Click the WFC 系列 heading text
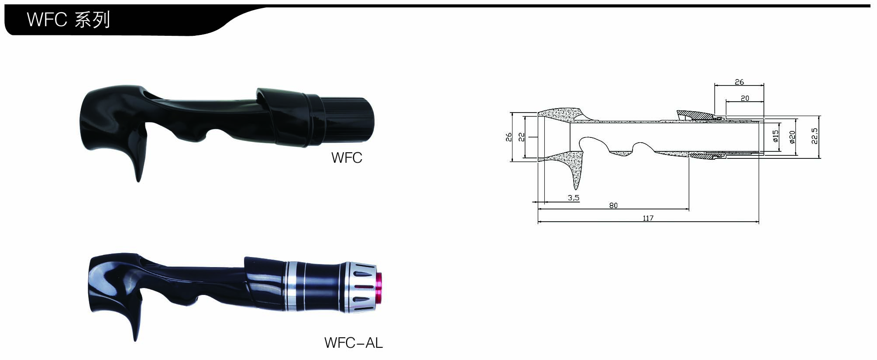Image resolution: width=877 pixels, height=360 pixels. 69,20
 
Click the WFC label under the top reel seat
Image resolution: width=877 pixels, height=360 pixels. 347,158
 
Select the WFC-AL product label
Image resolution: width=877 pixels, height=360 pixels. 354,343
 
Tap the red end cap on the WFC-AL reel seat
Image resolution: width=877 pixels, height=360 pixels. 379,288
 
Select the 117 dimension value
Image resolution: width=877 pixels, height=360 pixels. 648,218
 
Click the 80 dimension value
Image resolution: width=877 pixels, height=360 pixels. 613,205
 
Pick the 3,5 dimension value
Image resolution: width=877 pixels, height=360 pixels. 574,198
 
